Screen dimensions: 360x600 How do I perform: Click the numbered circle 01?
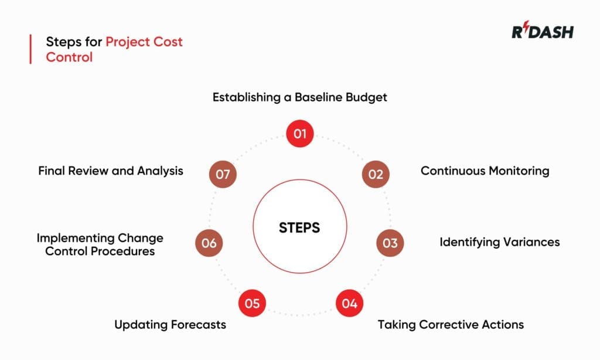tap(300, 134)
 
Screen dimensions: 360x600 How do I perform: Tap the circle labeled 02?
tap(376, 174)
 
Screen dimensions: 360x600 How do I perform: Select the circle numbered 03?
tap(390, 243)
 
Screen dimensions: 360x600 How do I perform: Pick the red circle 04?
tap(349, 304)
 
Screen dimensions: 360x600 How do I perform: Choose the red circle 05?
tap(252, 304)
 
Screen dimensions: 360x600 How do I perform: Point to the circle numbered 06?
tap(209, 243)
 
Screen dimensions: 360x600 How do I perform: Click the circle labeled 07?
tap(223, 174)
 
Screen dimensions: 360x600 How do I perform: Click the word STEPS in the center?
tap(299, 227)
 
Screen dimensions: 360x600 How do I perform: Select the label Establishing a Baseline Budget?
tap(299, 97)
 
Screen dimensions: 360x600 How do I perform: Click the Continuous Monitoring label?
tap(485, 171)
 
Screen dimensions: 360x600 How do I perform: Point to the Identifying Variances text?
tap(499, 242)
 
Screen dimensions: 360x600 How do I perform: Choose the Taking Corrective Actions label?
tap(450, 324)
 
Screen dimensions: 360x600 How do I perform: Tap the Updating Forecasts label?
tap(170, 324)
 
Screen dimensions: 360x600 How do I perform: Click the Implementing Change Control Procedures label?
tap(100, 244)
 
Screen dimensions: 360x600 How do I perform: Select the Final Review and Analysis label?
tap(111, 171)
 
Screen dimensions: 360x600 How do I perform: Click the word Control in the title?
tap(69, 57)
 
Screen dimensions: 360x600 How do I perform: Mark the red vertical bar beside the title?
tap(30, 49)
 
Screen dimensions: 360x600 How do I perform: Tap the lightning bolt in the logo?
tap(525, 31)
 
